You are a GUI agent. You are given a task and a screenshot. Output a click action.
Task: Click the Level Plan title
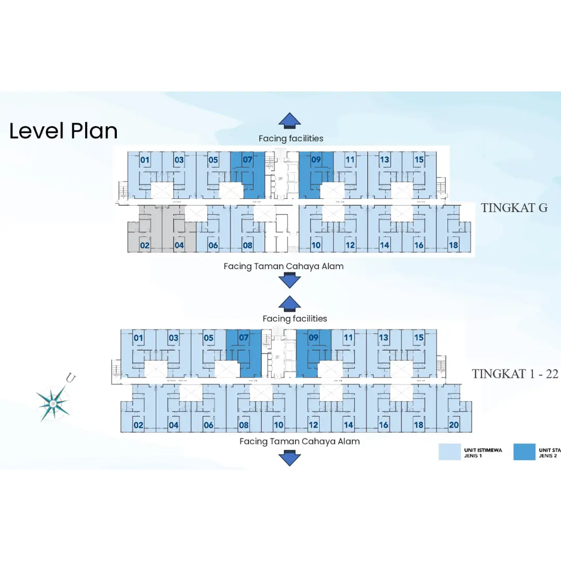[x=63, y=131]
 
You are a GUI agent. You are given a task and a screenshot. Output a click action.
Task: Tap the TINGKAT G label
[x=514, y=208]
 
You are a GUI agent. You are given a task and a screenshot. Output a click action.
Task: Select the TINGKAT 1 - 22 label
[x=515, y=374]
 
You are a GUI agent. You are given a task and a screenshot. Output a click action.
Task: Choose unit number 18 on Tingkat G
[x=453, y=245]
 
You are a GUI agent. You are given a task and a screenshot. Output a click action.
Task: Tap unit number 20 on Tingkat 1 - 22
[x=453, y=425]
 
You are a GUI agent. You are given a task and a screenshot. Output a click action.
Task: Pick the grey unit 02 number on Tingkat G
[x=145, y=245]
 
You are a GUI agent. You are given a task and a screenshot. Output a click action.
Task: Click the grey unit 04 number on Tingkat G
[x=179, y=245]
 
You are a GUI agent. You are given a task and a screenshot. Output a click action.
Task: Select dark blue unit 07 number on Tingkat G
[x=247, y=159]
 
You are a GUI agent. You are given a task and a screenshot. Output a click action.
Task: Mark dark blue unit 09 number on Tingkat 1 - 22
[x=313, y=338]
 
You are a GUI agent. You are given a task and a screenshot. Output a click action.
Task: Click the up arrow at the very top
[x=289, y=120]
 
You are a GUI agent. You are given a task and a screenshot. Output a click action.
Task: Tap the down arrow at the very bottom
[x=289, y=459]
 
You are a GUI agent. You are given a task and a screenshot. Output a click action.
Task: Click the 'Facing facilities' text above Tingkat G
[x=291, y=138]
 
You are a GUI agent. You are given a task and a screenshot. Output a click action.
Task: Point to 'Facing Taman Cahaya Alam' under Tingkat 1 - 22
[x=299, y=442]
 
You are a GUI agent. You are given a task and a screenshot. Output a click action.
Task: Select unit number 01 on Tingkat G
[x=145, y=159]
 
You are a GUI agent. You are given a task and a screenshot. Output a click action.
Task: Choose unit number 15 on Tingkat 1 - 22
[x=419, y=338]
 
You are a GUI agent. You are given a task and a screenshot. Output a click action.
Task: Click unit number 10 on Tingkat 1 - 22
[x=279, y=425]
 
